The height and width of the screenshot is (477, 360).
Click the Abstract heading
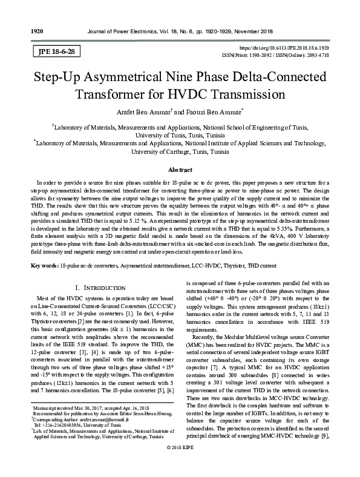click(180, 170)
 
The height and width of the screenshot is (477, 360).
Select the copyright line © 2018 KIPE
click(180, 465)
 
